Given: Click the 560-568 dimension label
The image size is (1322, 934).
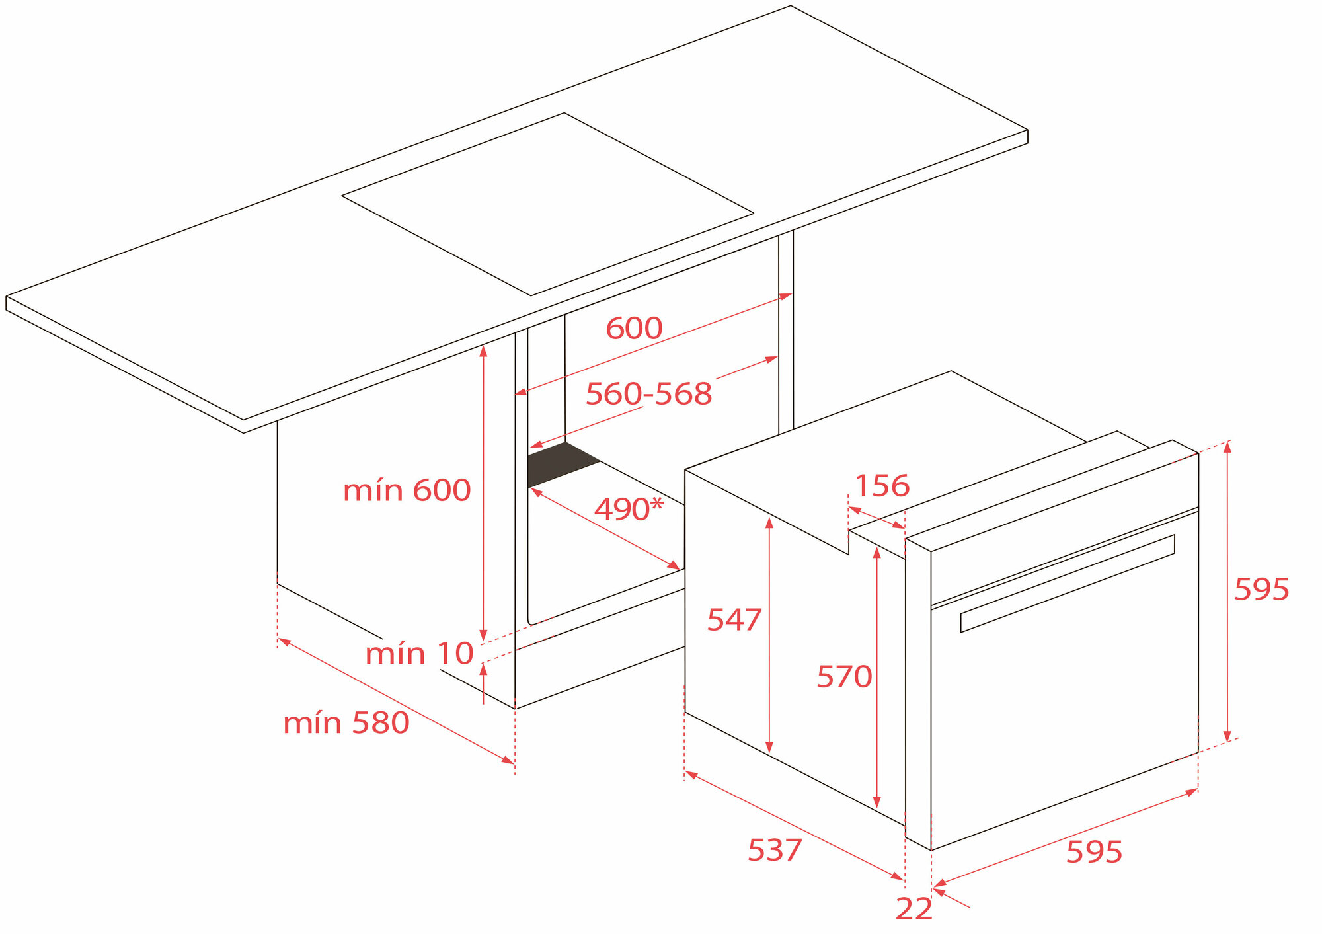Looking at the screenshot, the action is [648, 394].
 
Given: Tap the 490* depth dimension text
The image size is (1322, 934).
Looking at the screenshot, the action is [629, 509].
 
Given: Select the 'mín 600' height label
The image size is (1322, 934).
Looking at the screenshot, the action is [407, 490].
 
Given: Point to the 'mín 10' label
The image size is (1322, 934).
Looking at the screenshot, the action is [419, 654].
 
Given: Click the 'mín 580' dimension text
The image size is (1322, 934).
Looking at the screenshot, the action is [346, 723].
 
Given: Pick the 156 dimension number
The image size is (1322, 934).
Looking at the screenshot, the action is [882, 486].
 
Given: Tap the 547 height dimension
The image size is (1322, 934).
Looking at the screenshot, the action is [734, 620].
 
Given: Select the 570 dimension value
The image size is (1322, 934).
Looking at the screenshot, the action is [844, 677].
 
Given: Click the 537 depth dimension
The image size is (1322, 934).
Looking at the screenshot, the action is [775, 850].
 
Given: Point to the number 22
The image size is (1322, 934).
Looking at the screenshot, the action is [914, 909].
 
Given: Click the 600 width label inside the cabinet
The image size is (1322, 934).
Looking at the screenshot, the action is [634, 329].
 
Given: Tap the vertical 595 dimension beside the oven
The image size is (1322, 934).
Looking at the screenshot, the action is [1261, 590].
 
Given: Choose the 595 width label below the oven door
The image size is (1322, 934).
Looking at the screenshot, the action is [1094, 852].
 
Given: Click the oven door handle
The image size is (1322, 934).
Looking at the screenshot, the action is [1068, 583].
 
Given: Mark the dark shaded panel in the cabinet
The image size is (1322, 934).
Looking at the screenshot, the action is [564, 465].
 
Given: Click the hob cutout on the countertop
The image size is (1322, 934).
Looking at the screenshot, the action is [547, 204].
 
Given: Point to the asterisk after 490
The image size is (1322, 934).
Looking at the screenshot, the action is [656, 504].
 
